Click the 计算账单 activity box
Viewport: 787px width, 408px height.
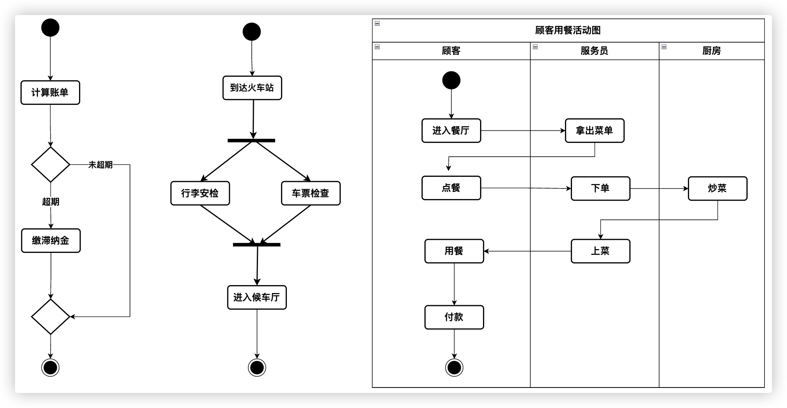coord(50,92)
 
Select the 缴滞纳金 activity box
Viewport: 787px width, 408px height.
coord(51,240)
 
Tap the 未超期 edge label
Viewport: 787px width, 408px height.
coord(100,165)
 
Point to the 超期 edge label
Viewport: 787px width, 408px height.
coord(51,201)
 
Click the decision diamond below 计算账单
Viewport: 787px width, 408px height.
coord(51,164)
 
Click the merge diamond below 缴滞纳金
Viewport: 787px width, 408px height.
coord(51,316)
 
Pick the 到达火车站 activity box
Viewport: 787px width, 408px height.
coord(252,88)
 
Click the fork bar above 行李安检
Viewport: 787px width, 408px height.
coord(251,140)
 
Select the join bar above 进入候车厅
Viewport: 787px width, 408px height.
coord(256,245)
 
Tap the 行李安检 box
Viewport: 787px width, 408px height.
coord(200,193)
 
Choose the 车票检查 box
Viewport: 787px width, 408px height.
coord(311,193)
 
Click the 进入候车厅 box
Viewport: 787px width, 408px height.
coord(257,297)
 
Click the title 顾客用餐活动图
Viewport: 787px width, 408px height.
coord(568,30)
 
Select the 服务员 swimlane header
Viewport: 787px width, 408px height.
coord(594,51)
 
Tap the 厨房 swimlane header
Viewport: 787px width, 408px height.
coord(711,51)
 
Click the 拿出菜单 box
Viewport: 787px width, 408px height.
coord(594,130)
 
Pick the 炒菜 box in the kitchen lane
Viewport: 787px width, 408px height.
coord(717,188)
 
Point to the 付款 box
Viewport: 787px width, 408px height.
coord(454,317)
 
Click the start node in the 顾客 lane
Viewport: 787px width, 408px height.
coord(451,80)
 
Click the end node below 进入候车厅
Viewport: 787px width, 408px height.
coord(257,367)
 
